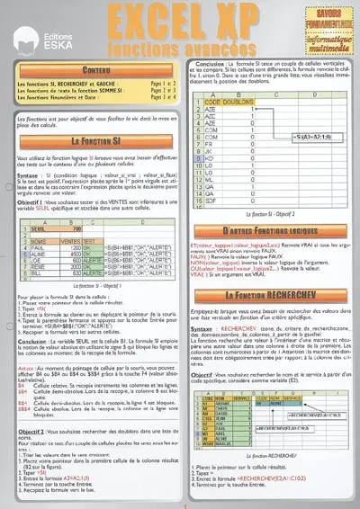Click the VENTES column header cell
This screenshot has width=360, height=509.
(x=71, y=241)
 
